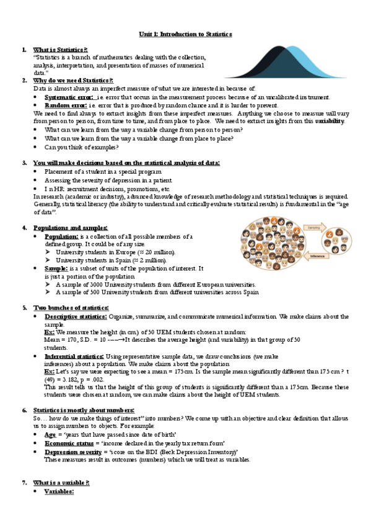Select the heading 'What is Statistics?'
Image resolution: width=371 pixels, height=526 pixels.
pyautogui.click(x=60, y=50)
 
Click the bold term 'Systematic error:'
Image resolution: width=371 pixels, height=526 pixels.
pyautogui.click(x=69, y=97)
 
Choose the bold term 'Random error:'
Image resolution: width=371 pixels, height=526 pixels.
pyautogui.click(x=65, y=105)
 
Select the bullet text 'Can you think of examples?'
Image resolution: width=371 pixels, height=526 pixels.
pyautogui.click(x=81, y=147)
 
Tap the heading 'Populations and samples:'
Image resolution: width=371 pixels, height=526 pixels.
pyautogui.click(x=70, y=228)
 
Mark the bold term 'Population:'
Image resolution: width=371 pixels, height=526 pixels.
pyautogui.click(x=61, y=236)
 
